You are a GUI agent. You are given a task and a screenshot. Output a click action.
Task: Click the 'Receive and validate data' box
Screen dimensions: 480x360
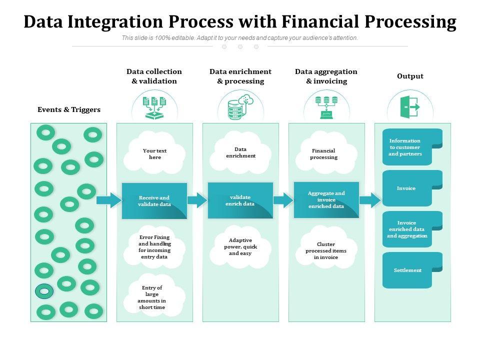154,201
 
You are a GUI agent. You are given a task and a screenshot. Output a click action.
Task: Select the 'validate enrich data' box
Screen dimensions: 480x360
240,200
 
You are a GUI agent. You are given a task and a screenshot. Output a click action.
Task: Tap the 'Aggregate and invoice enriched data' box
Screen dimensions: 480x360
326,200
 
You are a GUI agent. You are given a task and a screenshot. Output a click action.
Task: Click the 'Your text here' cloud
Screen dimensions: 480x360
154,153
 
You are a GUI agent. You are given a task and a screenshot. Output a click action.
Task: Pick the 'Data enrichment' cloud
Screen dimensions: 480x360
240,152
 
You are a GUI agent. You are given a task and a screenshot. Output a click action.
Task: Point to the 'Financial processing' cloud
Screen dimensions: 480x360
326,153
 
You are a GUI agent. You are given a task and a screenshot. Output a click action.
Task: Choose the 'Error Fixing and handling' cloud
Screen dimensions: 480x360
154,247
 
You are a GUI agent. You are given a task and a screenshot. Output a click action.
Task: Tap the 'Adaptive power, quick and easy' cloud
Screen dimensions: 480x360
240,247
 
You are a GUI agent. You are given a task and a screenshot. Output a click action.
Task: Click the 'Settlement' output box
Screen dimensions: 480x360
412,270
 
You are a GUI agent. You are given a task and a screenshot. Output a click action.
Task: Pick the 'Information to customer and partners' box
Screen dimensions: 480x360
412,147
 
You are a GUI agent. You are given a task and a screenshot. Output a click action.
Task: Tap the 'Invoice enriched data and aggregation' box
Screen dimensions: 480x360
412,229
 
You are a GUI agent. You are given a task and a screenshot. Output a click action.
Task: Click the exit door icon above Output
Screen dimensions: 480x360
410,107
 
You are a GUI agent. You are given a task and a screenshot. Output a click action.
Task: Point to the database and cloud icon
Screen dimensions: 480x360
240,107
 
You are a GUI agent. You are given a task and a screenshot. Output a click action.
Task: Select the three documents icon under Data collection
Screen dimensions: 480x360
154,107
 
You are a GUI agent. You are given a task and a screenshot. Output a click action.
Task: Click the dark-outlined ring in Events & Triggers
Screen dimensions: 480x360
44,291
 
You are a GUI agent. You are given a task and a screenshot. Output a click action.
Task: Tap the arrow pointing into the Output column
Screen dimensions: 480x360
370,200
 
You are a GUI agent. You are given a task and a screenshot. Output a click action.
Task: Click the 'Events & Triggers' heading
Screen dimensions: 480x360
69,109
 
